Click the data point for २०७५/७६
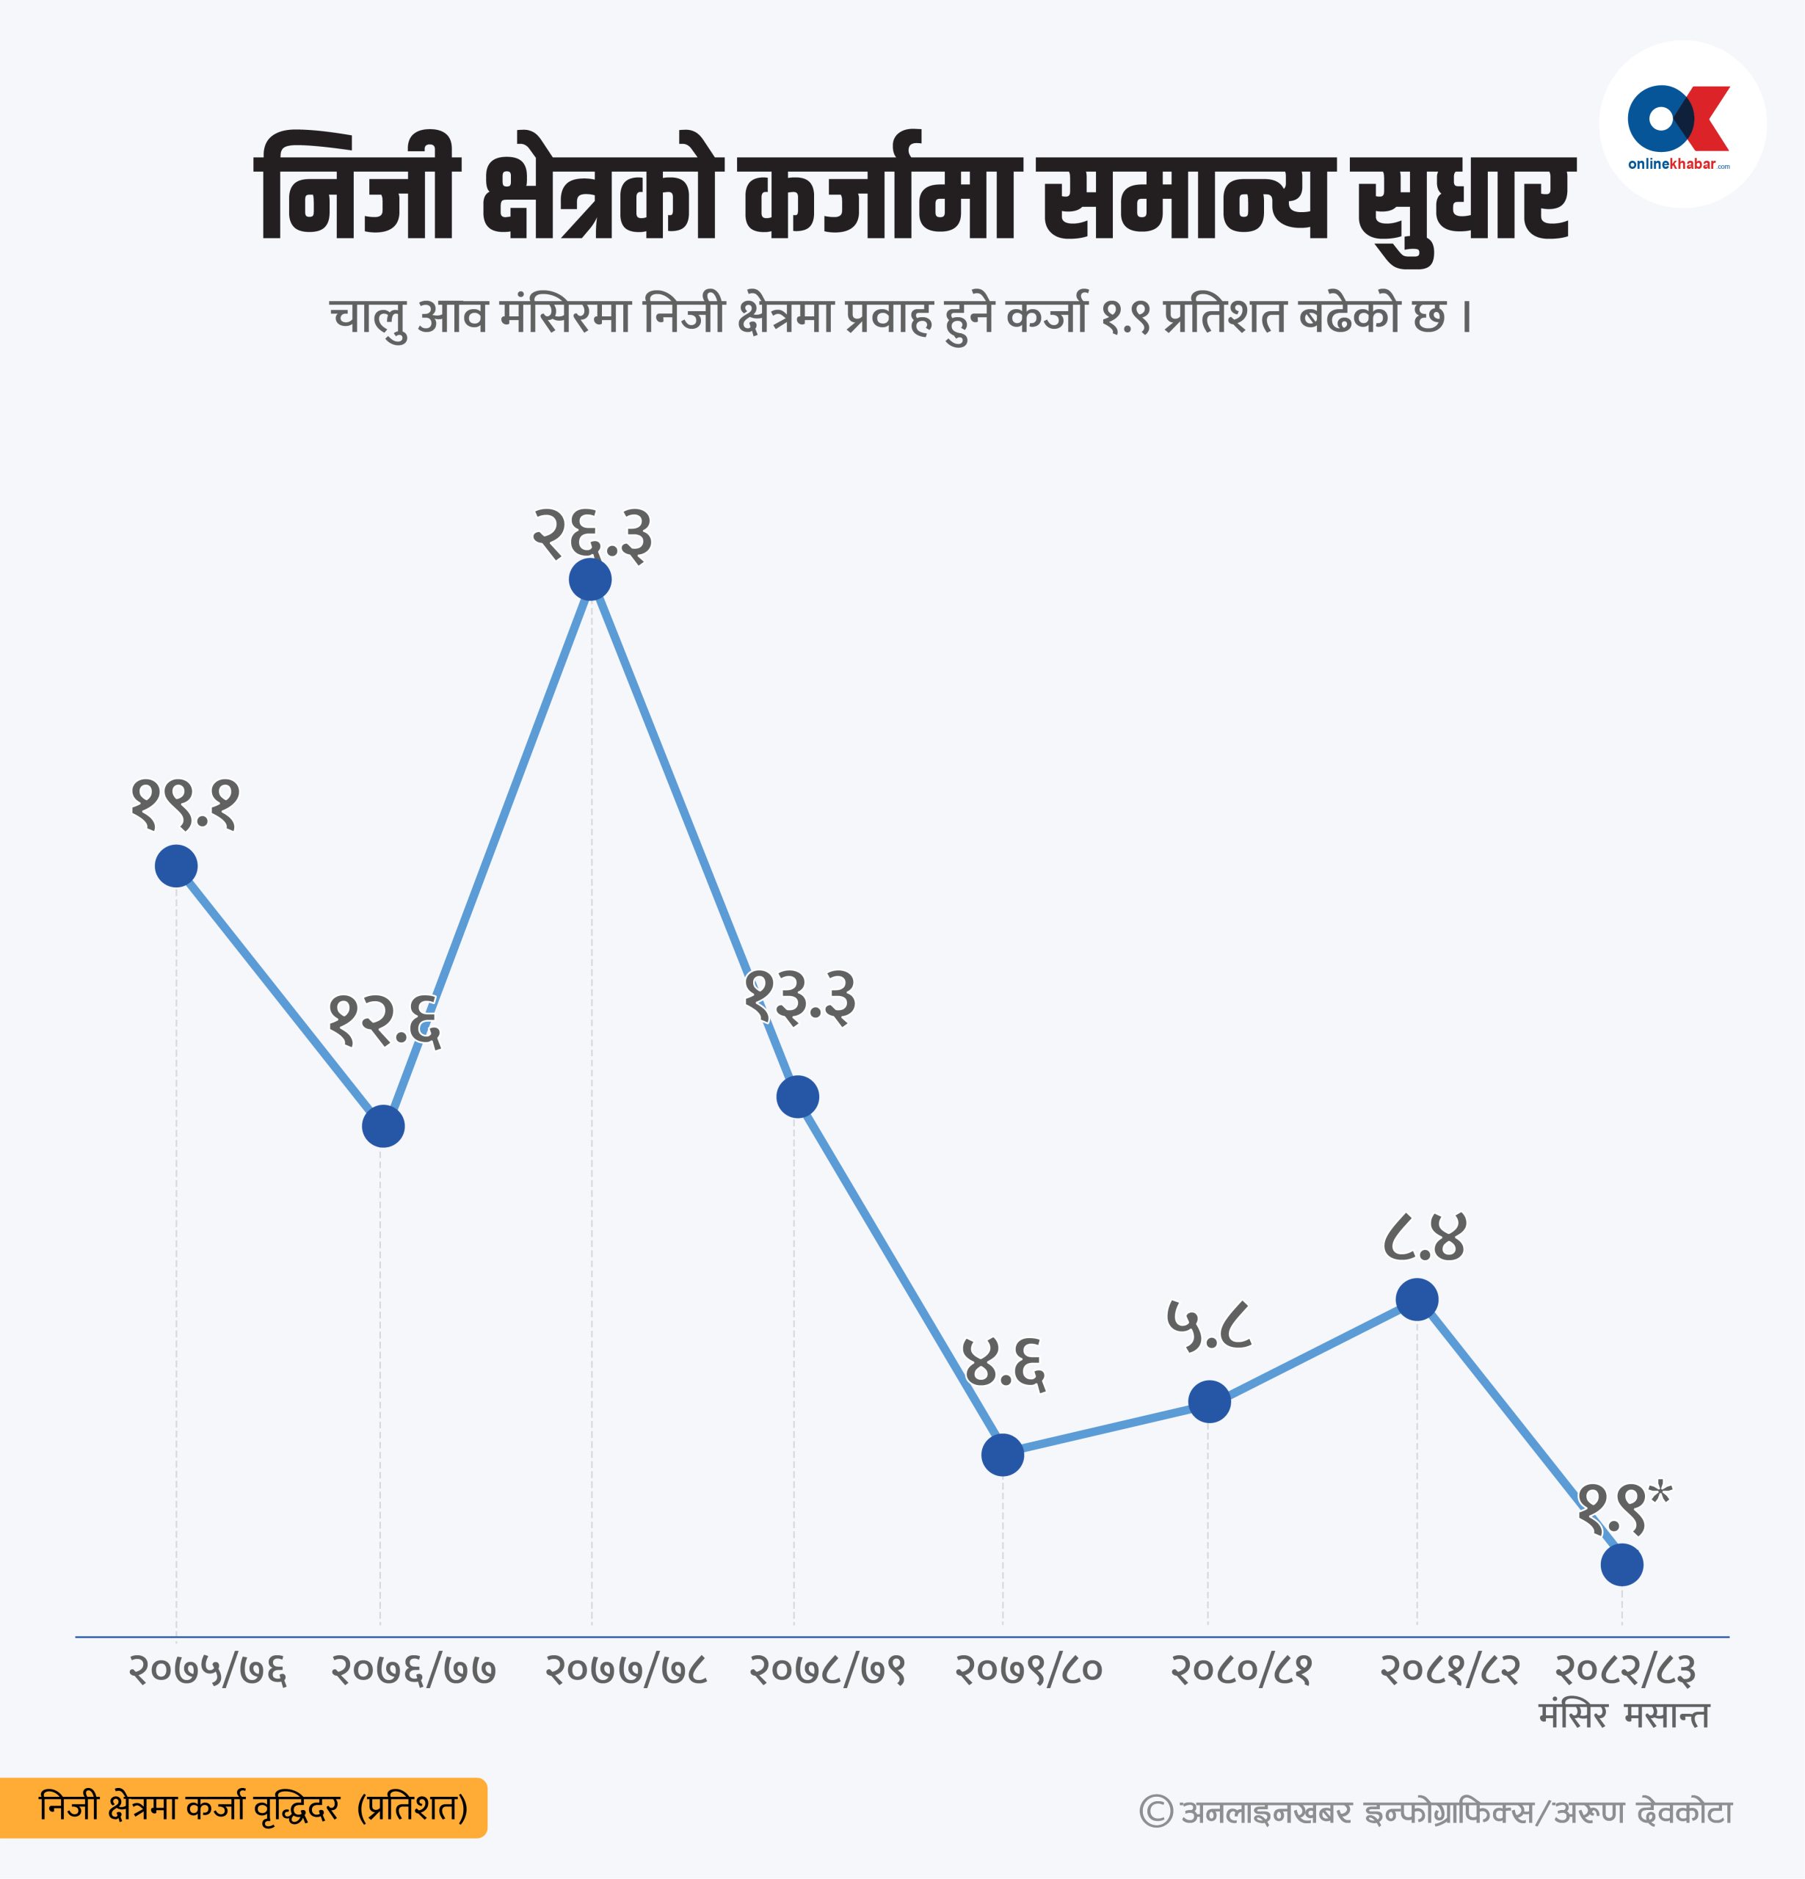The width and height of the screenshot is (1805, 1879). (176, 865)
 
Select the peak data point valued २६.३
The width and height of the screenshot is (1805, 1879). (590, 579)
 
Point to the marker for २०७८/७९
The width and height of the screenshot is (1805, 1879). (798, 1096)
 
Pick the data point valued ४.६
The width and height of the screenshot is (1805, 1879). (1003, 1454)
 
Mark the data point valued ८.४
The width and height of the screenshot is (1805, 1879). (1417, 1299)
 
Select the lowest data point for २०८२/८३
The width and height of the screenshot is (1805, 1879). (1622, 1566)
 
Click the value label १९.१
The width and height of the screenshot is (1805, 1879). (185, 805)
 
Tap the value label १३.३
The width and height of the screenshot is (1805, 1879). (800, 999)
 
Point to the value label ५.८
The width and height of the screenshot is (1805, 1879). (1210, 1328)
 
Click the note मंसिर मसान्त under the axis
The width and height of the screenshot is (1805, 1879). (1624, 1715)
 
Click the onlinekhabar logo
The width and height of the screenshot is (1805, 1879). (1682, 125)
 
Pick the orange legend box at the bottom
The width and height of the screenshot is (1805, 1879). (244, 1808)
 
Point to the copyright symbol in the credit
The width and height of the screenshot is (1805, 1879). (1156, 1811)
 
